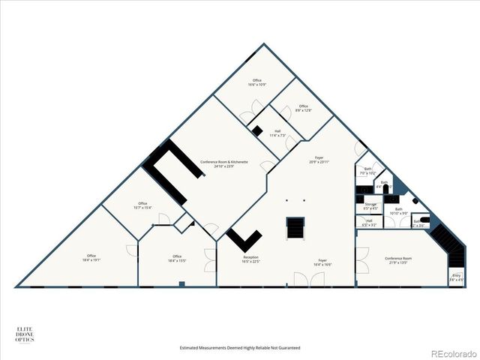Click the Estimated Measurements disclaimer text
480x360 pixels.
click(240, 348)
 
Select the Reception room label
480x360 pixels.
click(250, 259)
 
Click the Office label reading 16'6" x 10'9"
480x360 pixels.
click(256, 82)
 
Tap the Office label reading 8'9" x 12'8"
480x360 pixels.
click(303, 108)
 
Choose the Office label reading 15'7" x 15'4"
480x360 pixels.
click(142, 205)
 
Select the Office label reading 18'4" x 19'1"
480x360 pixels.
click(91, 257)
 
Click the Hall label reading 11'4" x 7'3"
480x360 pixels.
click(277, 133)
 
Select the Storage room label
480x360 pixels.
click(370, 205)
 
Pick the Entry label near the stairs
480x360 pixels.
click(456, 278)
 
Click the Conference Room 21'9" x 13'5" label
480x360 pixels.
click(398, 260)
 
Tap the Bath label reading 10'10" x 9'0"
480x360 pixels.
click(399, 211)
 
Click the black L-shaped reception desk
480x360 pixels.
click(242, 239)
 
